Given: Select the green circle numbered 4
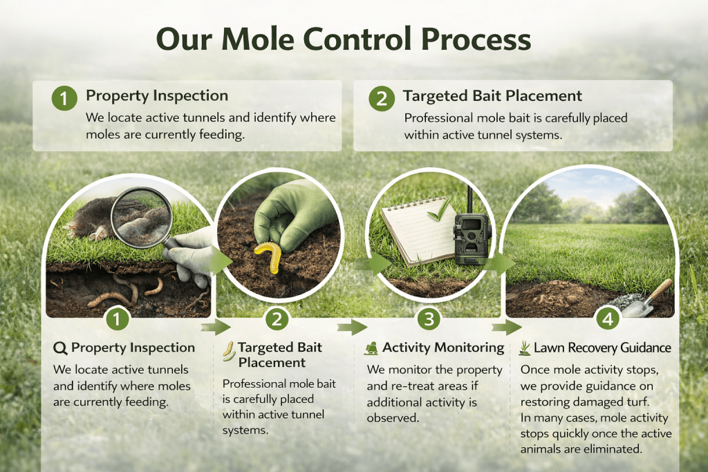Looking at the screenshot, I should (x=606, y=320).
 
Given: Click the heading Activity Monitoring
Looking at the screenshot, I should (x=443, y=348).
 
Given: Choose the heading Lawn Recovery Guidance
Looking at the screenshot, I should (x=602, y=348).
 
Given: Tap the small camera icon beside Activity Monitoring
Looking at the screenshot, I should (x=371, y=348).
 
